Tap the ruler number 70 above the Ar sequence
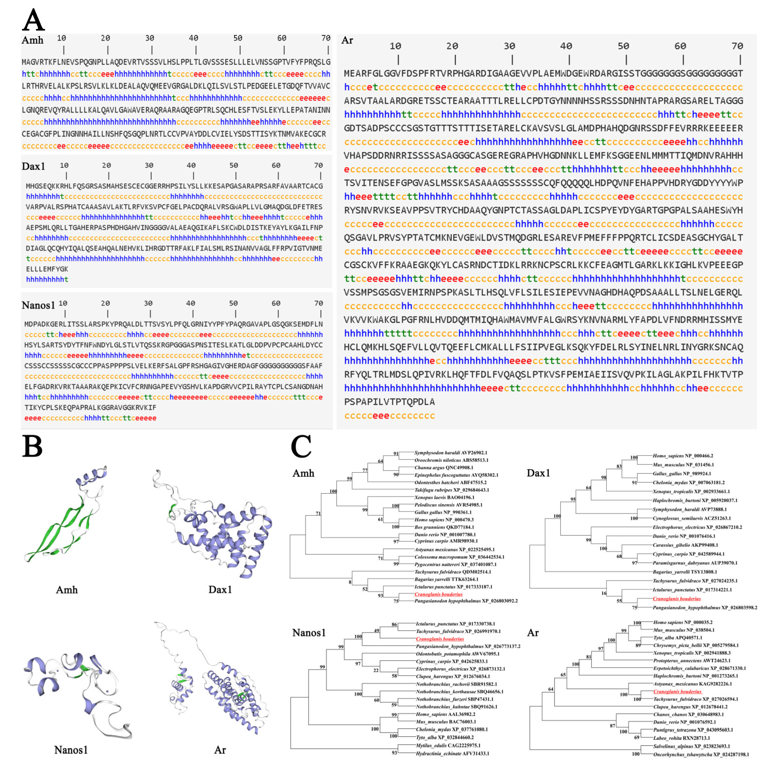(x=737, y=46)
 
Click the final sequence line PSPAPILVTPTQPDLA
(x=389, y=402)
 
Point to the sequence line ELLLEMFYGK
(x=47, y=269)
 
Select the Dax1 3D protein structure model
(x=216, y=525)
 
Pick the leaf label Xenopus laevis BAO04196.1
(x=444, y=497)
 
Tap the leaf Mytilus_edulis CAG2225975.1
(x=448, y=746)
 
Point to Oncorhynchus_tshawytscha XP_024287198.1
(x=701, y=754)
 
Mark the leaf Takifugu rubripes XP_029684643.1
(x=451, y=490)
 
